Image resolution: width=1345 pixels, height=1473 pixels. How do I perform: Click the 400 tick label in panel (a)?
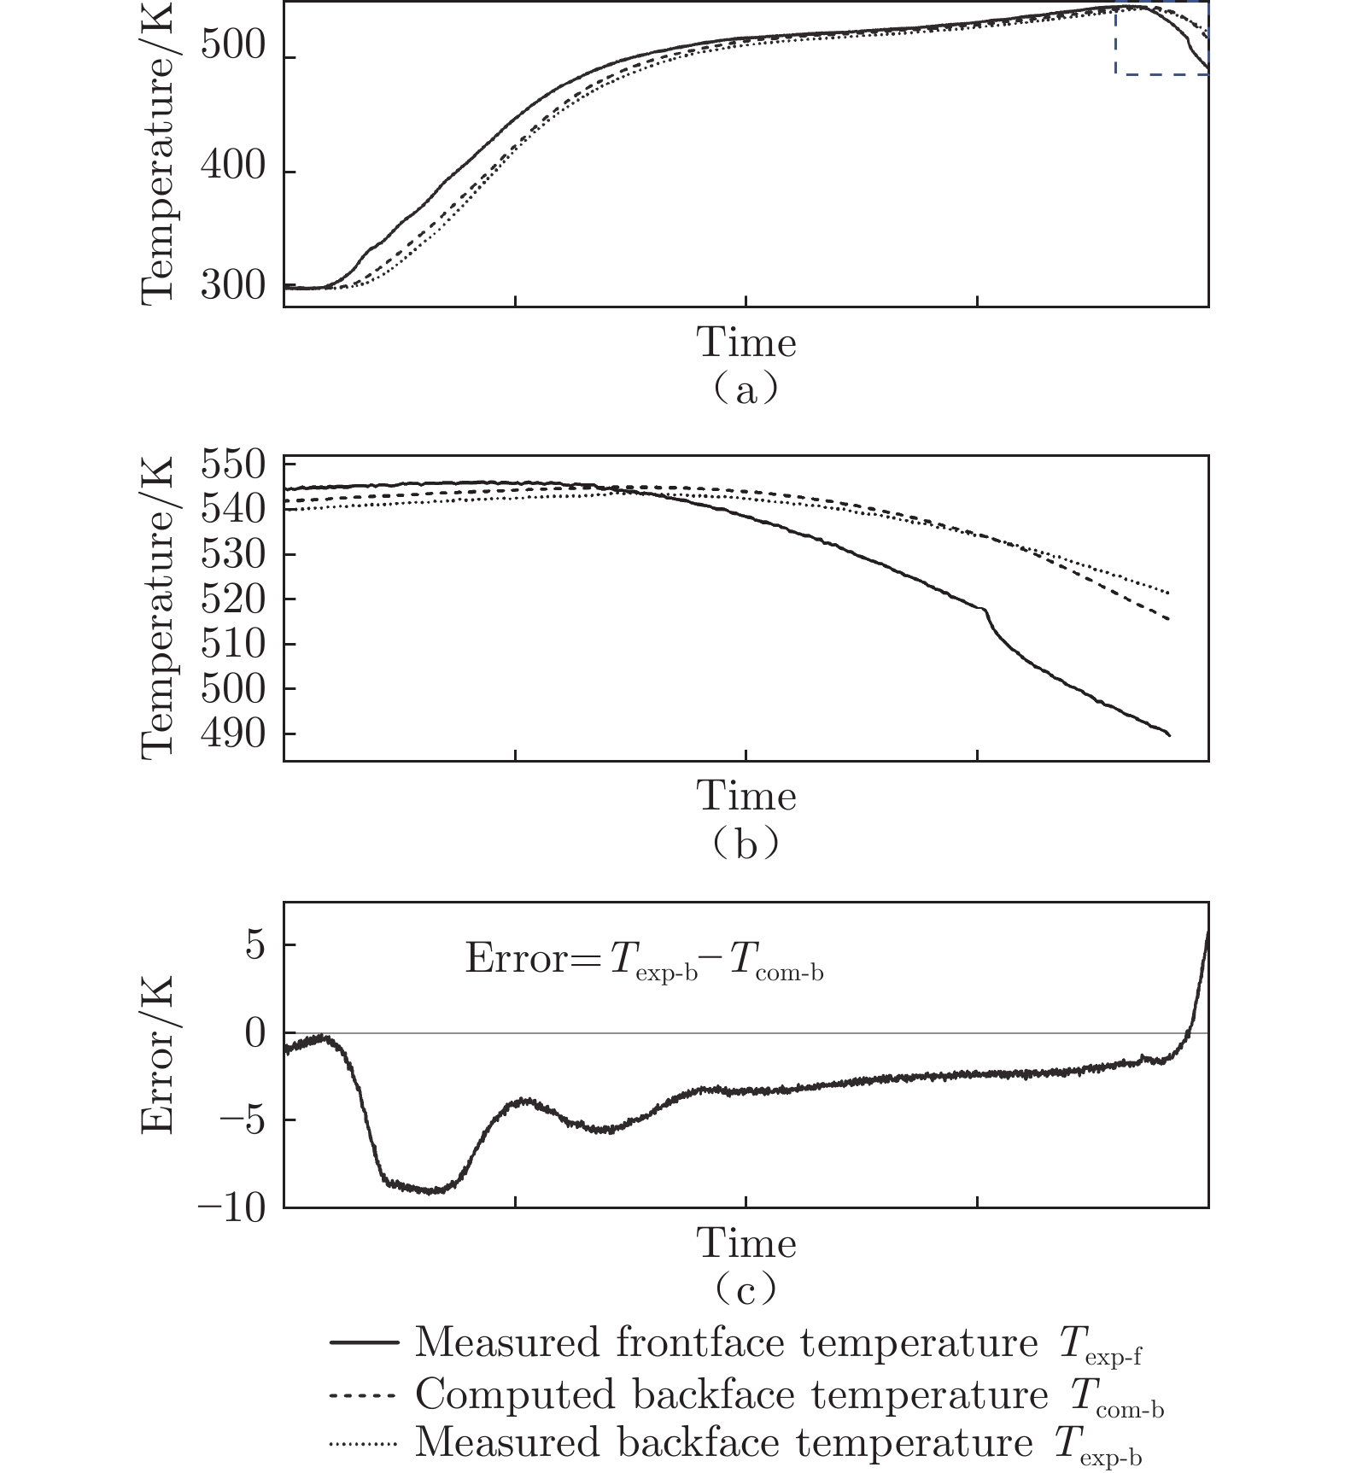coord(232,166)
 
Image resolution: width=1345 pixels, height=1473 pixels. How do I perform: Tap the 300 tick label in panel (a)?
coord(232,286)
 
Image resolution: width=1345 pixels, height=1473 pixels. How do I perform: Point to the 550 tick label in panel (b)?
coord(232,465)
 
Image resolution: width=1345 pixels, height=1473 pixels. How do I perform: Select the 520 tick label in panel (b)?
coord(232,599)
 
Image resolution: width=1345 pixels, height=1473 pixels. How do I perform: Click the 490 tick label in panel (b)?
coord(232,734)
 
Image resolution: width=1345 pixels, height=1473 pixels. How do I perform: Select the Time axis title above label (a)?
coord(746,343)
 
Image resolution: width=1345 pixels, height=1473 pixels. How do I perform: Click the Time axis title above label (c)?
coord(746,1243)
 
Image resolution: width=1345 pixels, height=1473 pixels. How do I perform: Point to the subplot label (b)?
coord(746,845)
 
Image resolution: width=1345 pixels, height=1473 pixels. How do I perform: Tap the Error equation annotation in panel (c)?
coord(644,960)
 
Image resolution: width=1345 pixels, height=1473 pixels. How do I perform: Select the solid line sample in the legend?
coord(364,1343)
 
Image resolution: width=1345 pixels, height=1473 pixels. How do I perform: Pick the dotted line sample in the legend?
coord(364,1445)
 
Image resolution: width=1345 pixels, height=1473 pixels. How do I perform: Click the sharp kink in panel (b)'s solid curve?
coord(986,610)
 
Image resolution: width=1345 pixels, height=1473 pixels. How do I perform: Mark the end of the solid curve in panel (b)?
coord(1169,734)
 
